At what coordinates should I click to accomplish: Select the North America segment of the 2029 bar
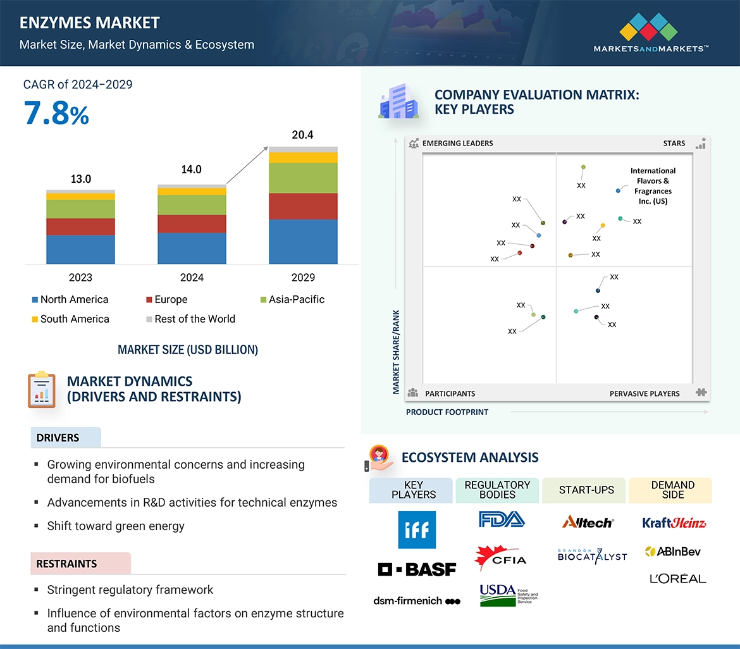[x=303, y=242]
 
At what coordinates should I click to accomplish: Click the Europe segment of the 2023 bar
[x=80, y=226]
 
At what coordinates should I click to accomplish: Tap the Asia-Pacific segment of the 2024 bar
[x=192, y=204]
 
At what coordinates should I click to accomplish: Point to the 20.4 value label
[x=302, y=135]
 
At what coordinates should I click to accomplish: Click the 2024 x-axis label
[x=192, y=277]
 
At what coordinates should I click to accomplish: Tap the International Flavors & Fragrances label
[x=653, y=186]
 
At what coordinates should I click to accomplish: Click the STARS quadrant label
[x=674, y=143]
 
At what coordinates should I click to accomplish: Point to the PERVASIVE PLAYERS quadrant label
[x=644, y=393]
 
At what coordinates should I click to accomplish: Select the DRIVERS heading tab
[x=58, y=438]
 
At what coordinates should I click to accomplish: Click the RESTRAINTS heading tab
[x=67, y=564]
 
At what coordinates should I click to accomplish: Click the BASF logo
[x=417, y=569]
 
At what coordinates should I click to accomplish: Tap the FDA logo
[x=502, y=520]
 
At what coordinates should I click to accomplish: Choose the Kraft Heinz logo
[x=674, y=522]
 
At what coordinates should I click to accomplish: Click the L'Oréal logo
[x=677, y=578]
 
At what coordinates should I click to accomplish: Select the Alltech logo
[x=588, y=522]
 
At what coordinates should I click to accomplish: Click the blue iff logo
[x=417, y=529]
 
